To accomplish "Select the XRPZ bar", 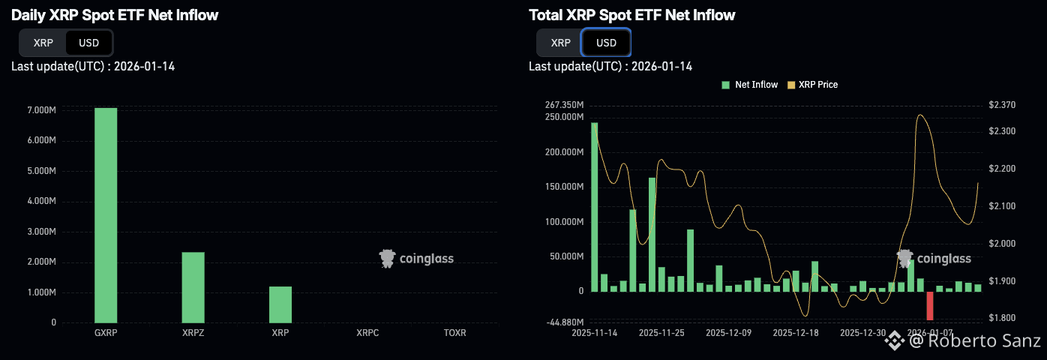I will [x=193, y=287].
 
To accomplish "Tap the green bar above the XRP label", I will [x=280, y=304].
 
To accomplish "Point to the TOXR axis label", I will [x=454, y=332].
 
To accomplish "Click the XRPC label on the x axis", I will [x=367, y=332].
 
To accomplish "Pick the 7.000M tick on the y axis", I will [x=41, y=110].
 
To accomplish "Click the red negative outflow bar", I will [x=930, y=306].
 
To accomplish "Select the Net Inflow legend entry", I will [x=750, y=85].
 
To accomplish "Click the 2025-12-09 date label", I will [x=728, y=332].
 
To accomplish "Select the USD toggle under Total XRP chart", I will [x=606, y=43].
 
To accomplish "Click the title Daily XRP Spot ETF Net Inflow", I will [x=115, y=15].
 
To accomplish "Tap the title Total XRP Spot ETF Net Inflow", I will [x=632, y=15].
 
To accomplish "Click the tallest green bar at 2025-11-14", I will [x=595, y=206].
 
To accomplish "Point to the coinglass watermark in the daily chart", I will [x=416, y=259].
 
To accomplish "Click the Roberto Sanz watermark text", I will [x=975, y=342].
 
